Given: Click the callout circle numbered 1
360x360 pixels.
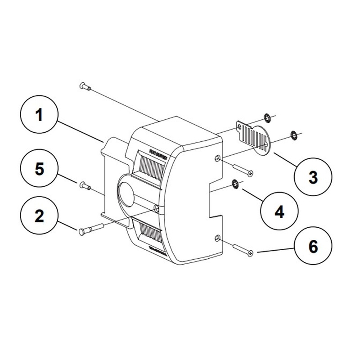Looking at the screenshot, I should click(x=40, y=116).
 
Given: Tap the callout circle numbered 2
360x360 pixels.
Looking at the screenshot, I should click(x=40, y=216).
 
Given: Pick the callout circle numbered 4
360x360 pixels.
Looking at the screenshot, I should click(x=279, y=211).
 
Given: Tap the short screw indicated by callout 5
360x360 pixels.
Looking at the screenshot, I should click(x=84, y=184).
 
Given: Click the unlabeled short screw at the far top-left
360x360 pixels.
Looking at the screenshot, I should click(x=85, y=85).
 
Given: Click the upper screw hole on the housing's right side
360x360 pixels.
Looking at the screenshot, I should click(x=218, y=159).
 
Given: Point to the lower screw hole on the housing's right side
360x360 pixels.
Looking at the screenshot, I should click(x=218, y=238).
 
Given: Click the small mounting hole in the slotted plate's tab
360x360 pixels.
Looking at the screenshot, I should click(x=239, y=127).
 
